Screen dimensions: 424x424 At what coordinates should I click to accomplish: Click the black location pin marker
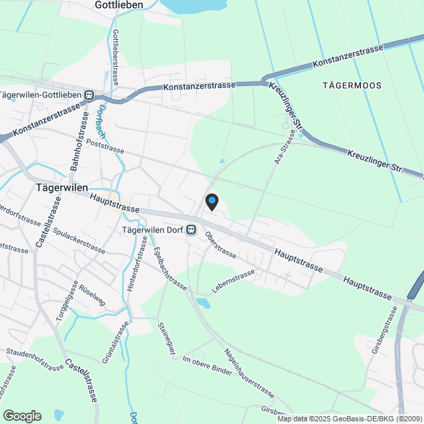[211, 201]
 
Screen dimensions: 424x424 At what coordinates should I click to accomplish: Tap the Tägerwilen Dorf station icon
[191, 230]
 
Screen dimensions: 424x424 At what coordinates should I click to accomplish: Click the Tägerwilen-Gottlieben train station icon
[89, 95]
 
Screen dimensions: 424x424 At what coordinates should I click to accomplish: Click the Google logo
[21, 415]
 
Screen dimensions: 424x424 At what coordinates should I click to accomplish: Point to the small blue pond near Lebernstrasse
[202, 303]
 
